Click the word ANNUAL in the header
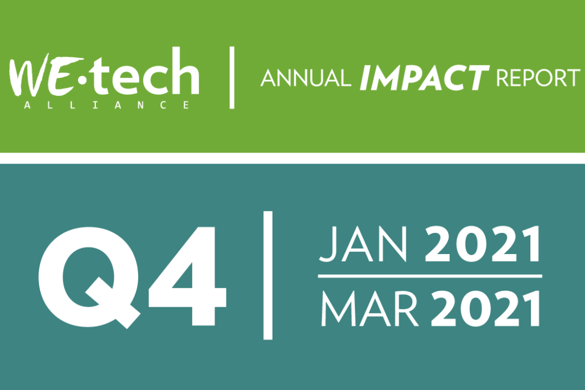tap(305, 79)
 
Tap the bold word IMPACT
tap(424, 77)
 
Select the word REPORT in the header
tap(538, 79)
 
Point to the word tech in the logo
tap(146, 71)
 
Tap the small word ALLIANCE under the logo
tap(107, 105)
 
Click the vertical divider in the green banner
tap(232, 77)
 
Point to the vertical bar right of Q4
tap(268, 275)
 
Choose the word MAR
tap(369, 309)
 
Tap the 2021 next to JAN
tap(483, 244)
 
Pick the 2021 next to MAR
tap(485, 309)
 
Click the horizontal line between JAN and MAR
tap(430, 276)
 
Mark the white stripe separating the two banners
tap(292, 158)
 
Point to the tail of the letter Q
tap(114, 303)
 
